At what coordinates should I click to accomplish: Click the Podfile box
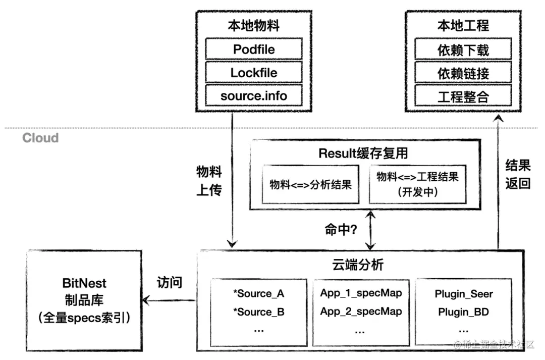coord(254,49)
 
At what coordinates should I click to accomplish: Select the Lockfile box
coord(254,73)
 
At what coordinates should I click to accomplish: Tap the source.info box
coord(254,95)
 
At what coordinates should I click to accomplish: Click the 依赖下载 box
coord(463,49)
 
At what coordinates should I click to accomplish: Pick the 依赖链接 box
coord(463,73)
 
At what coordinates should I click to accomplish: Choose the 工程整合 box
coord(463,95)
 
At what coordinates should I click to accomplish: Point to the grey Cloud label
coord(40,138)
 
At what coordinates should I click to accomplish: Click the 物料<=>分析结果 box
coord(310,184)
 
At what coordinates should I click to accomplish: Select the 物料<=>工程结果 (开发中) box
coord(417,184)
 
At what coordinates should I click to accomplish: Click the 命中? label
coord(341,230)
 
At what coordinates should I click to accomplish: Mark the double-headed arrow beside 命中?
coord(371,230)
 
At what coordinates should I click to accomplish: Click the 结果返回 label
coord(518,173)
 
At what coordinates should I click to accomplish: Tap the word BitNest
coord(84,283)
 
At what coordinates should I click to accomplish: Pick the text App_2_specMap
coord(361,312)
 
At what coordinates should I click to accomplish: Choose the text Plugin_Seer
coord(463,293)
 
